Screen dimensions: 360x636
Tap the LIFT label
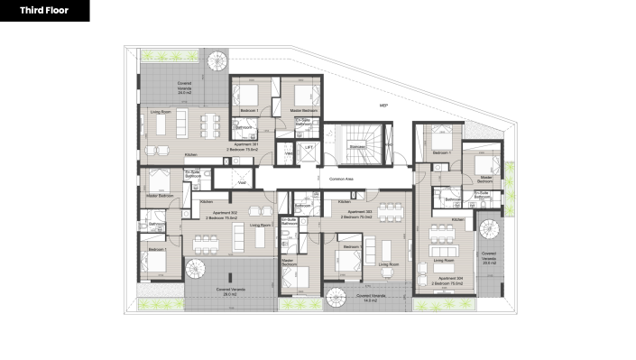[309, 146]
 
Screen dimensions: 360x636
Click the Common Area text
[342, 179]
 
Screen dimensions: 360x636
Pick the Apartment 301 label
[247, 143]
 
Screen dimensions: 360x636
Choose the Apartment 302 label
[220, 216]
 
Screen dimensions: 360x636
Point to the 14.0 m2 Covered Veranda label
[372, 297]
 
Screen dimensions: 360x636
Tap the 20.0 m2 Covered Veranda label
[489, 259]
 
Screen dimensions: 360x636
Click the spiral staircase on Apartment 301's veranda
[218, 63]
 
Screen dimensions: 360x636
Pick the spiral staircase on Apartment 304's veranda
[487, 228]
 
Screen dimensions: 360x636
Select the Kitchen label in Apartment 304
[457, 219]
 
